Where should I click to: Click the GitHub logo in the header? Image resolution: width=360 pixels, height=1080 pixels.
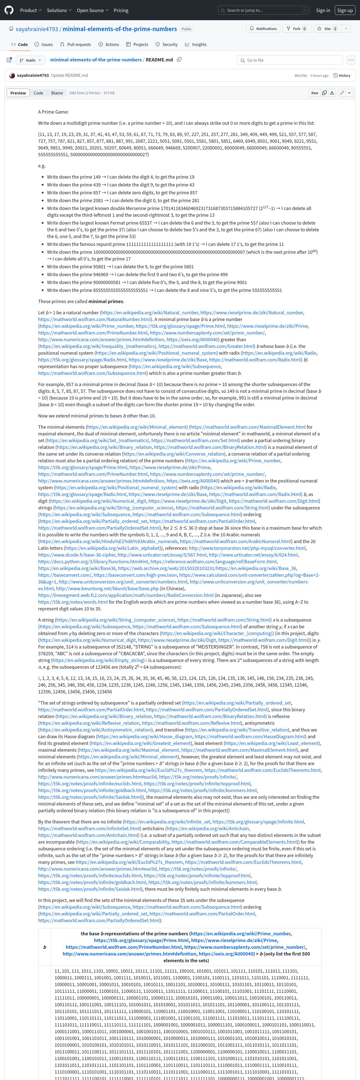(x=9, y=10)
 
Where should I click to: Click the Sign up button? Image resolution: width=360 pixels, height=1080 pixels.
(x=345, y=10)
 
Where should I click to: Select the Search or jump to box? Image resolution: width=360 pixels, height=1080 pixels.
(x=264, y=10)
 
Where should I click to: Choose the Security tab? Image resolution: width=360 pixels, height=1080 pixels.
(x=166, y=45)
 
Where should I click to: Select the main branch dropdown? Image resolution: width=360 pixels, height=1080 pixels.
(x=31, y=60)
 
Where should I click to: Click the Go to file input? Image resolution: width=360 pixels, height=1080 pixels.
(x=290, y=60)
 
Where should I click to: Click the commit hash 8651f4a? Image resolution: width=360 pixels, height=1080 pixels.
(x=301, y=75)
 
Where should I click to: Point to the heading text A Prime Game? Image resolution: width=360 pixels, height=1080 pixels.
(x=53, y=112)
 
